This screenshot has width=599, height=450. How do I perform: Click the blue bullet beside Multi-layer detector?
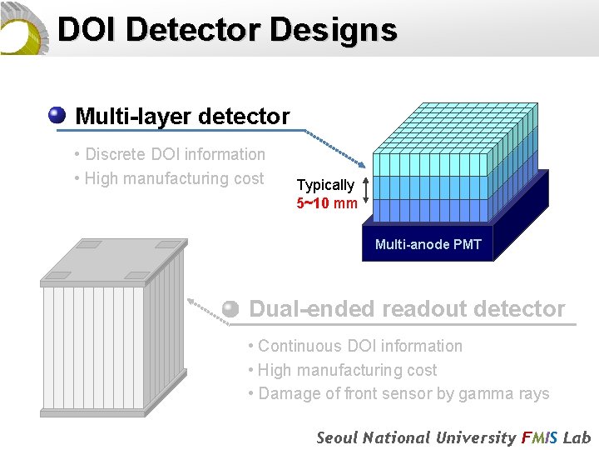click(57, 115)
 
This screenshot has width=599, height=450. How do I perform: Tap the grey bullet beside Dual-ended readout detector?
click(231, 308)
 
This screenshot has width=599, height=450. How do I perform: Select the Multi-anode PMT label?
click(428, 244)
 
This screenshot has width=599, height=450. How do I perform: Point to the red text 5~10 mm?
click(327, 202)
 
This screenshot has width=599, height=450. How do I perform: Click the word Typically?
click(325, 185)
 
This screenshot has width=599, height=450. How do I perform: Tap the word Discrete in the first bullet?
click(116, 154)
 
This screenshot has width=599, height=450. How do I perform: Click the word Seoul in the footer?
click(339, 437)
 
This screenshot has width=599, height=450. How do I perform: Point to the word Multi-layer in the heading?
click(126, 117)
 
